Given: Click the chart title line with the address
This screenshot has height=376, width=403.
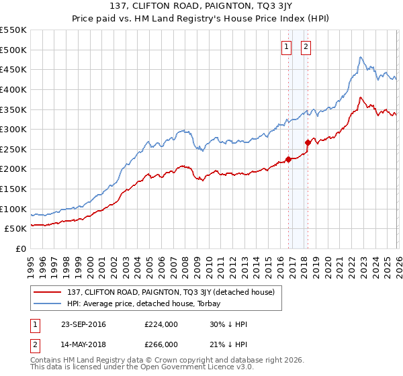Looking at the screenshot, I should pyautogui.click(x=201, y=7).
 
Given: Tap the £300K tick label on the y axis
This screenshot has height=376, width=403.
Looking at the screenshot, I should pyautogui.click(x=13, y=129).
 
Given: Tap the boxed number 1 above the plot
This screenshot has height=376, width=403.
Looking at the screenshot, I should pyautogui.click(x=287, y=46).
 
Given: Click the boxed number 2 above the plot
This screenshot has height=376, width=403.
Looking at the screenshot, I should pyautogui.click(x=306, y=46).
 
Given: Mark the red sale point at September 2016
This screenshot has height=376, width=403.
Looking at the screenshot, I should pyautogui.click(x=288, y=159).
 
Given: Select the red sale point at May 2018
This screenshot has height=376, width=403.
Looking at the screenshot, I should pyautogui.click(x=308, y=142).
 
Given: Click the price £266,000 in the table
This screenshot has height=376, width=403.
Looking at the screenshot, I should pyautogui.click(x=161, y=344).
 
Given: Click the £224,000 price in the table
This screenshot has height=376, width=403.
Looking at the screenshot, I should pyautogui.click(x=161, y=324).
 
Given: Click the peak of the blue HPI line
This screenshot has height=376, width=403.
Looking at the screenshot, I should pyautogui.click(x=361, y=57).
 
